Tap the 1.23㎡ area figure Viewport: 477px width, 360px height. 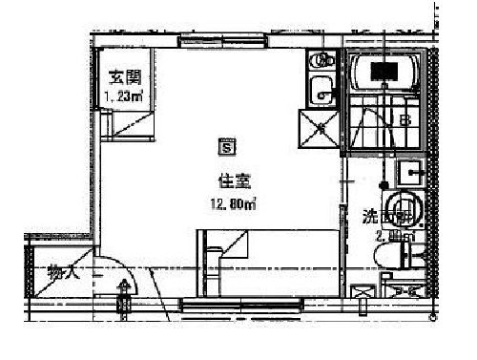tap(123, 95)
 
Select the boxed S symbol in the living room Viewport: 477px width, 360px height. tap(227, 147)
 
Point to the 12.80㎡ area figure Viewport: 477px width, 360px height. tap(232, 202)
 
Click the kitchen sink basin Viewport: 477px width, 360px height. tap(321, 93)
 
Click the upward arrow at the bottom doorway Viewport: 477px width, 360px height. tap(124, 286)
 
